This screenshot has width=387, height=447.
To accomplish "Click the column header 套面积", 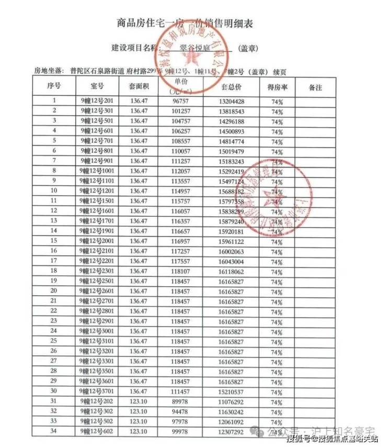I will [139, 86].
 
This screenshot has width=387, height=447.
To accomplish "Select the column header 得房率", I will [277, 86].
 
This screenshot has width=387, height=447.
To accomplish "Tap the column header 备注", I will [315, 86].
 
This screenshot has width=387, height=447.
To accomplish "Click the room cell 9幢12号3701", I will [97, 392].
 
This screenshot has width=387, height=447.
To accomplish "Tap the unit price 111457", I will [180, 392].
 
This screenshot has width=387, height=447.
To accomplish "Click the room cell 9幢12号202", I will [97, 401].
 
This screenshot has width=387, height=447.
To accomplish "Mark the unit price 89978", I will [180, 401].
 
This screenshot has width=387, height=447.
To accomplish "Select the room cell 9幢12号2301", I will [97, 271].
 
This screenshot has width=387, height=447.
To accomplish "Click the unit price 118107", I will [180, 271].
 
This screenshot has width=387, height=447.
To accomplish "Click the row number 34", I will [54, 431].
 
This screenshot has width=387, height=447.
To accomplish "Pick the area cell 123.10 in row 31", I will [139, 401].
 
